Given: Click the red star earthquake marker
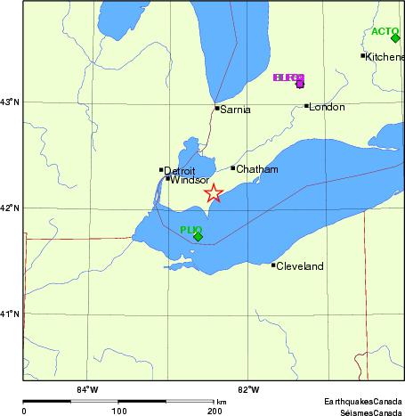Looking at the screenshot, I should (x=214, y=193).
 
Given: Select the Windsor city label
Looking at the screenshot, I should (x=190, y=180).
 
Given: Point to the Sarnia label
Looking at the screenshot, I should (x=236, y=110).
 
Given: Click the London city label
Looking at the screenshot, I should (x=326, y=108).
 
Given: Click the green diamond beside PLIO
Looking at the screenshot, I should (x=198, y=236).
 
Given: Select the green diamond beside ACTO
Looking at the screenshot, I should (x=395, y=37).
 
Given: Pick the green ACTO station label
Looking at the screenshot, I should (x=385, y=31).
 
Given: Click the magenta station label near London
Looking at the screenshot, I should (x=289, y=78).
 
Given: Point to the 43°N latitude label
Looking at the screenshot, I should (x=10, y=102).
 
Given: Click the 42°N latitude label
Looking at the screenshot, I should (x=10, y=208).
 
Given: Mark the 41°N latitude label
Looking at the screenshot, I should (x=10, y=314).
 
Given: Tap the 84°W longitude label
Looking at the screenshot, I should (x=86, y=389).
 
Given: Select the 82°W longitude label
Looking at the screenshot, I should (x=248, y=389).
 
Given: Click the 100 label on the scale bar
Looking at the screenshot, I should (x=118, y=412).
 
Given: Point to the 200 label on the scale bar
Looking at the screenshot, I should (x=214, y=412).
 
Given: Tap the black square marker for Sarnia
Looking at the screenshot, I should (x=217, y=109).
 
